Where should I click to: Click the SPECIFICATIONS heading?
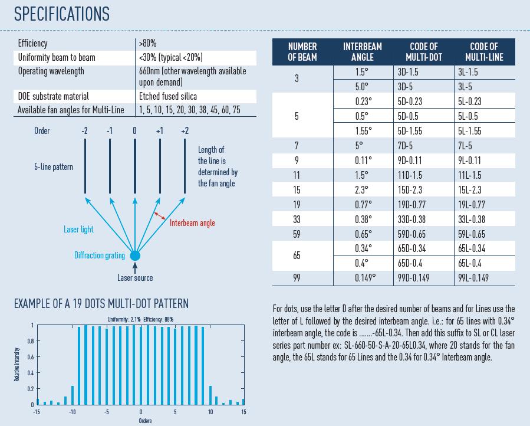coord(62,14)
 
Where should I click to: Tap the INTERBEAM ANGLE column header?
coord(363,52)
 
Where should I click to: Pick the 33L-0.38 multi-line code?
coord(471,219)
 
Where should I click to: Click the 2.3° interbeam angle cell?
coord(362,190)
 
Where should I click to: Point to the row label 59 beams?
coord(297,234)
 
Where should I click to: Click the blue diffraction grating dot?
coord(135,255)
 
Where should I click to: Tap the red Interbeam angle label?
coord(192,223)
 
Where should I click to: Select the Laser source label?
coord(135,278)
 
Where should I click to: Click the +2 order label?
coord(185,130)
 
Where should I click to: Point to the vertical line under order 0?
coord(135,166)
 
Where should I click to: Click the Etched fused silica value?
coord(168,96)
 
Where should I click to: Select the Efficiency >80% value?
coord(148,43)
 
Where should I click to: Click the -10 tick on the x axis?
coord(72,412)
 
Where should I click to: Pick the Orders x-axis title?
coord(145,421)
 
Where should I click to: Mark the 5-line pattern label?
coord(53,167)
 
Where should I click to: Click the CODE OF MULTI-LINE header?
coord(483,52)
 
